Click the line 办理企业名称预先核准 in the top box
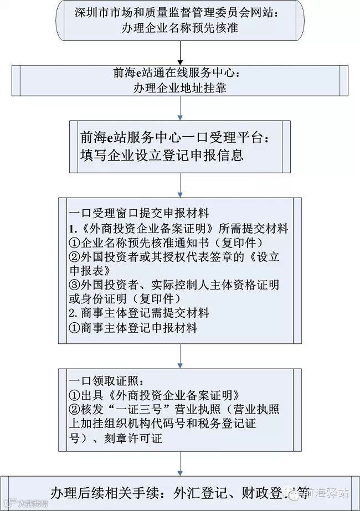coord(180,27)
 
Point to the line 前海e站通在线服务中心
coord(180,74)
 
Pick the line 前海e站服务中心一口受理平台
coord(177,137)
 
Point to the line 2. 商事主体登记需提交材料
coord(139,313)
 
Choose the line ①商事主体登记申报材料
coord(133,328)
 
